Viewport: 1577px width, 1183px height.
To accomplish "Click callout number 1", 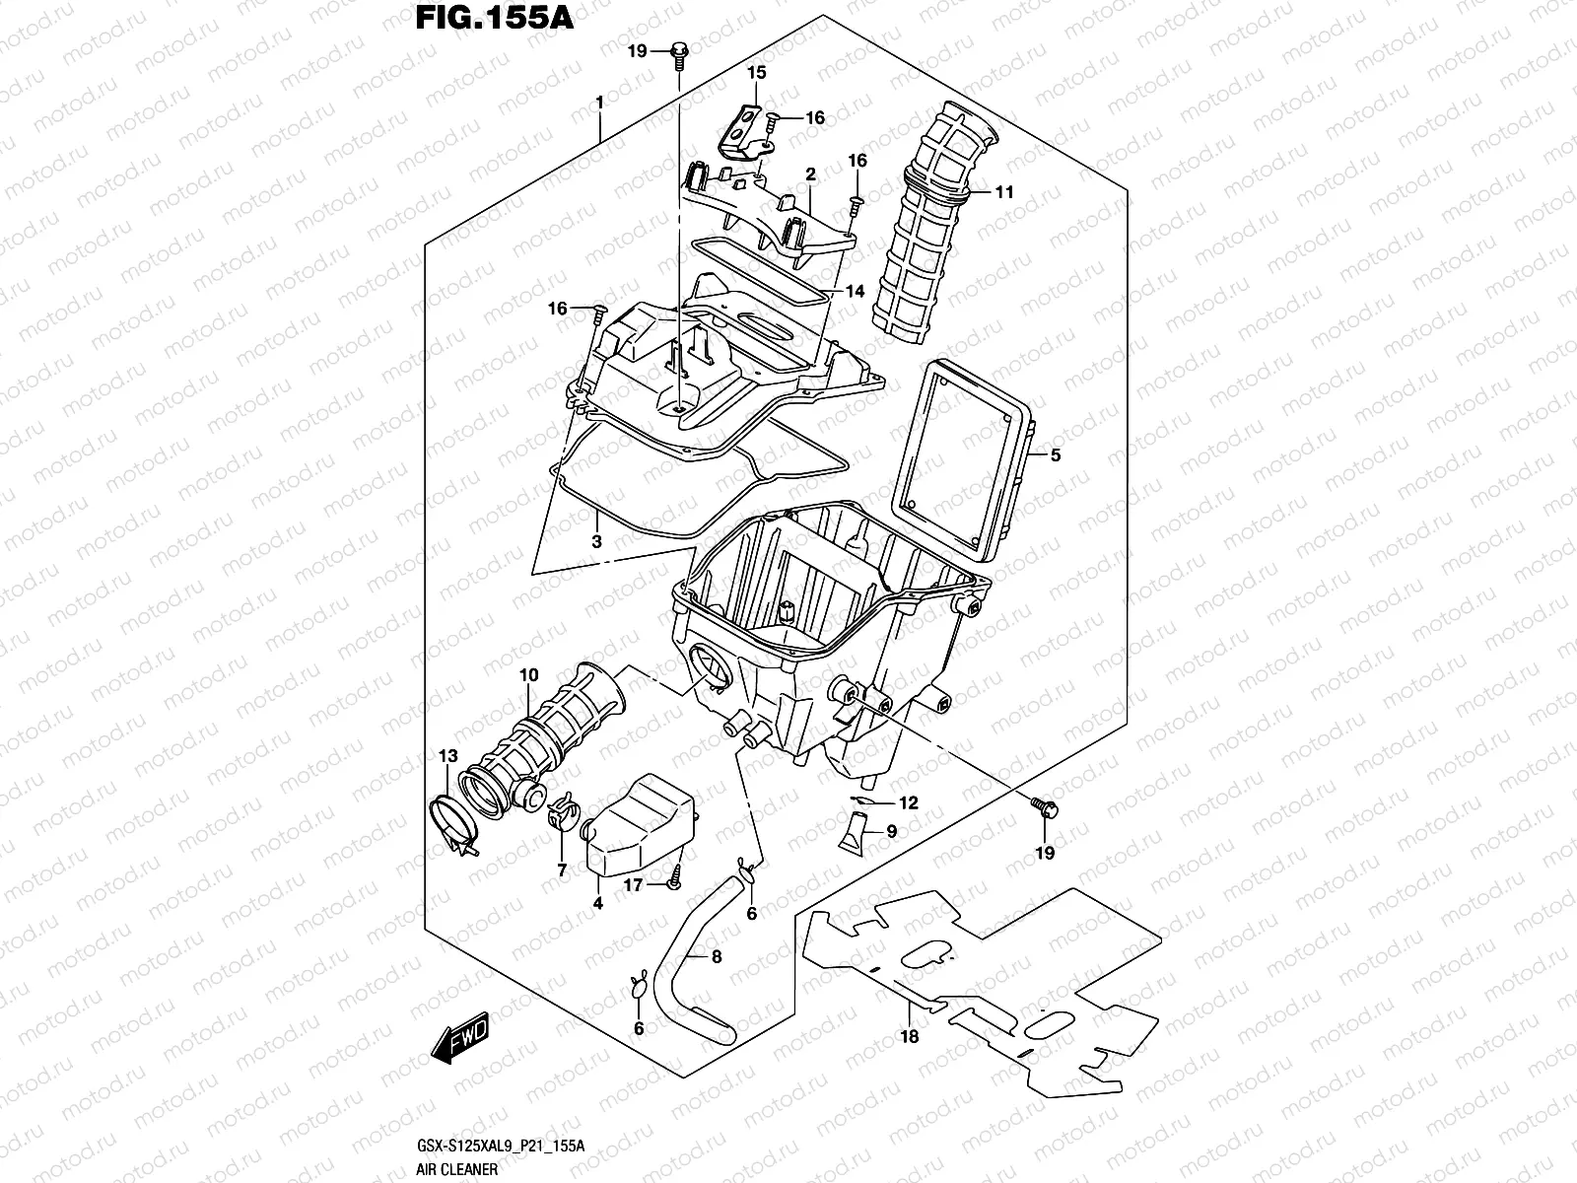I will coord(598,103).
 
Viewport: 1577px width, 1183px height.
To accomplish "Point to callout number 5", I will coord(1055,455).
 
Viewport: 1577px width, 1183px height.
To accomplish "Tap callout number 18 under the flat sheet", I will coord(909,1036).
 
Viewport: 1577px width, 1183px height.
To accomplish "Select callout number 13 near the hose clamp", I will coord(448,756).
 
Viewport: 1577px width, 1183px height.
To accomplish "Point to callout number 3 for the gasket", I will coord(596,541).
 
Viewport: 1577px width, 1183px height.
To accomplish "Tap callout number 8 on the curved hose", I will coord(716,956).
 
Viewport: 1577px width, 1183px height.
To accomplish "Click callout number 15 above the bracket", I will coord(756,72).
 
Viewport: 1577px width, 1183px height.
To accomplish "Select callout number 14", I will coord(854,291).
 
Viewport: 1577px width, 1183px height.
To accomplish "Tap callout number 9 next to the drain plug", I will coord(891,832).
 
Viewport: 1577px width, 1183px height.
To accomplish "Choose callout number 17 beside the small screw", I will coord(632,885).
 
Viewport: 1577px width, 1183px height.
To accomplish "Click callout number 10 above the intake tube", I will coord(529,675).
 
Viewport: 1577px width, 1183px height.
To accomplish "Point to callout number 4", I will coord(597,902).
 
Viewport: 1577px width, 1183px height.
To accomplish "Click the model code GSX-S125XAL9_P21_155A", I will coord(502,1146).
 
